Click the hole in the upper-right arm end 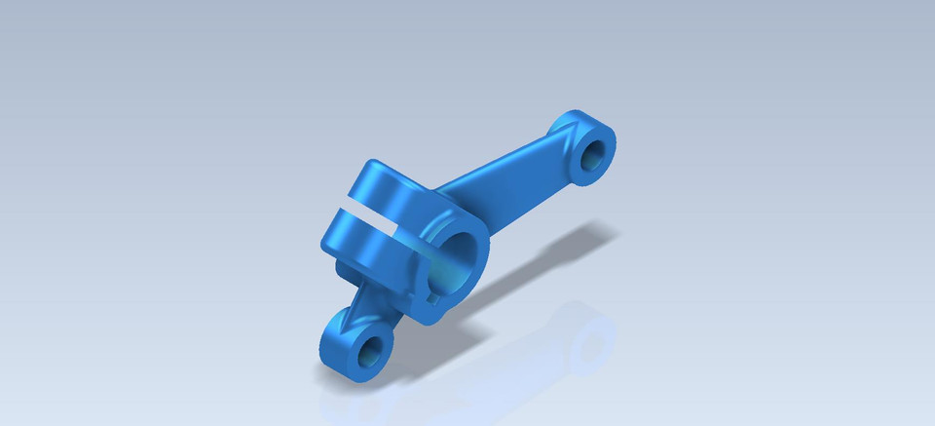(x=590, y=156)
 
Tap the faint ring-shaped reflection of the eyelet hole (x=589, y=346)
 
